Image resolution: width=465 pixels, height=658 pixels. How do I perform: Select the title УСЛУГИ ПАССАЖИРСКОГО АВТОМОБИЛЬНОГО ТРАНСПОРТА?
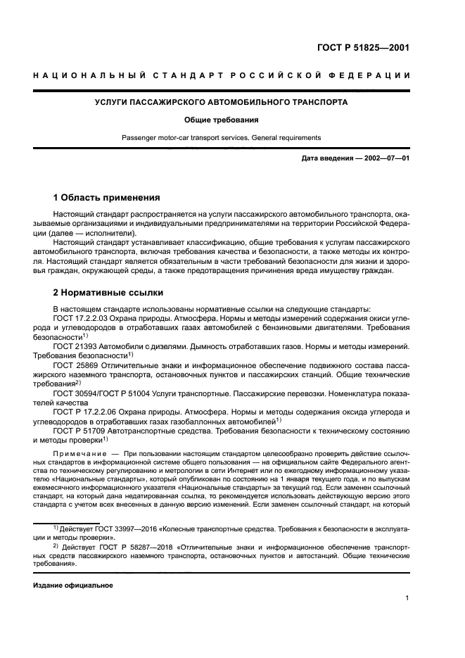[222, 103]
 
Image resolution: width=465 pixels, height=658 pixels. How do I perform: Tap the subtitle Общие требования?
[222, 120]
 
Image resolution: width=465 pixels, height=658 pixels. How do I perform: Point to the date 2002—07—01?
[385, 158]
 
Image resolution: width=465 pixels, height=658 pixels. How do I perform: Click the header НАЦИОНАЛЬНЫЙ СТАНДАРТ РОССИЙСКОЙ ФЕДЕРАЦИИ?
[222, 75]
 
